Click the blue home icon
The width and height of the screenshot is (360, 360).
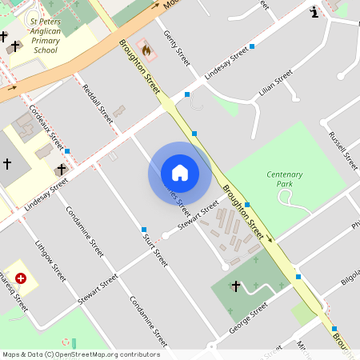click(180, 172)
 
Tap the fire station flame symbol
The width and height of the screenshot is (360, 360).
click(146, 50)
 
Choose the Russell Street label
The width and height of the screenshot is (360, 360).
click(342, 148)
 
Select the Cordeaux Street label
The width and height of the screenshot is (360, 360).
click(46, 126)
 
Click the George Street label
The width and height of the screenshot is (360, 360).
click(247, 318)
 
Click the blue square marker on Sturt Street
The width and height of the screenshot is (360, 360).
click(144, 230)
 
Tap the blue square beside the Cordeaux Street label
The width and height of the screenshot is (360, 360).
click(67, 151)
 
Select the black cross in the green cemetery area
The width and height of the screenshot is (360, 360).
click(235, 286)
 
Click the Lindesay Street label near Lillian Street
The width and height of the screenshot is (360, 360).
click(226, 65)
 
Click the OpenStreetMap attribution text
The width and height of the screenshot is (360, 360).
click(80, 354)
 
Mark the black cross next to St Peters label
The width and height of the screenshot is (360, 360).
click(4, 37)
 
